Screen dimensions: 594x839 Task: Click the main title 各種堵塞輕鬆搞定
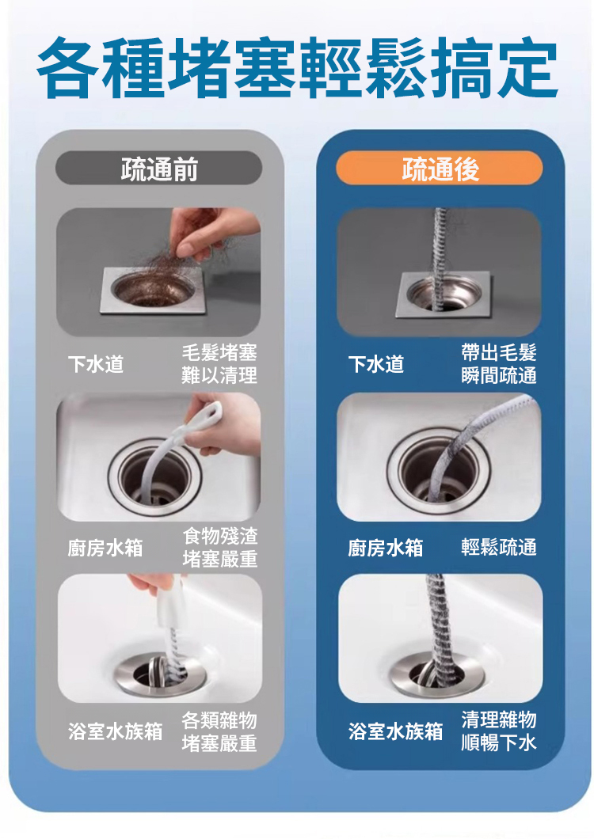pyautogui.click(x=298, y=68)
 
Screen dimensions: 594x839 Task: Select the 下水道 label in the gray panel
pyautogui.click(x=96, y=364)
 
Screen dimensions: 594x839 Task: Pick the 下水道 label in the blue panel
pyautogui.click(x=376, y=364)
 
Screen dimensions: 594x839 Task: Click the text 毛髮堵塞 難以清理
pyautogui.click(x=219, y=364)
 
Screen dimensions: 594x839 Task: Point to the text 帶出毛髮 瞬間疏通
pyautogui.click(x=499, y=364)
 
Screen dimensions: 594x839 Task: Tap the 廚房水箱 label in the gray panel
pyautogui.click(x=105, y=548)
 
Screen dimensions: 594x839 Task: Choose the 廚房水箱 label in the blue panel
pyautogui.click(x=386, y=548)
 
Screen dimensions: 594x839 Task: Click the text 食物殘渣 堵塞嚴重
pyautogui.click(x=220, y=547)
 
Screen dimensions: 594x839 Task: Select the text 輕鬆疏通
pyautogui.click(x=499, y=548)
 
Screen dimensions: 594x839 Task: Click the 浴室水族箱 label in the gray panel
pyautogui.click(x=115, y=731)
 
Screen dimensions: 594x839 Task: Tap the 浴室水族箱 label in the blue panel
pyautogui.click(x=395, y=731)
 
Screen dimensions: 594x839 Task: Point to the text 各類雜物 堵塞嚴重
pyautogui.click(x=219, y=731)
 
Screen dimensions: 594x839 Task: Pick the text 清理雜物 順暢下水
pyautogui.click(x=499, y=731)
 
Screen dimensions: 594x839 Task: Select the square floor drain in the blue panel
pyautogui.click(x=443, y=293)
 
